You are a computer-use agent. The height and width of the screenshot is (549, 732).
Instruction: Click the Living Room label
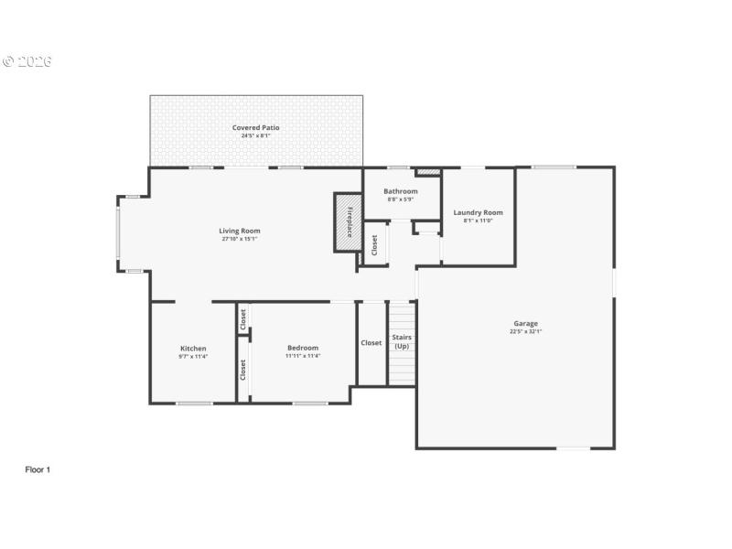pyautogui.click(x=240, y=231)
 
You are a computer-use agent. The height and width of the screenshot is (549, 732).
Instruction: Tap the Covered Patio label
pyautogui.click(x=255, y=127)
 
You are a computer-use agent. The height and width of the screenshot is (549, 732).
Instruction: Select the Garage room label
pyautogui.click(x=525, y=323)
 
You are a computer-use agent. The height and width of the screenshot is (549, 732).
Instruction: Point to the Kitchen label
pyautogui.click(x=193, y=348)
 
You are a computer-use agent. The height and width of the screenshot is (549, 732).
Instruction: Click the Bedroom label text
pyautogui.click(x=303, y=348)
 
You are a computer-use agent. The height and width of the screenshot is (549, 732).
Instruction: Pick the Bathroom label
pyautogui.click(x=401, y=191)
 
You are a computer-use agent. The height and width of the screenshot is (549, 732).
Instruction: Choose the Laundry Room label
pyautogui.click(x=478, y=212)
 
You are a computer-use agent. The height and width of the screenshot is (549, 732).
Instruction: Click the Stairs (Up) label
pyautogui.click(x=402, y=341)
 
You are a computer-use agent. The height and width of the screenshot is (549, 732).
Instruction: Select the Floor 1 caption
pyautogui.click(x=38, y=469)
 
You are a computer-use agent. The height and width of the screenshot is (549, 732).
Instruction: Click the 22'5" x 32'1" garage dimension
pyautogui.click(x=525, y=331)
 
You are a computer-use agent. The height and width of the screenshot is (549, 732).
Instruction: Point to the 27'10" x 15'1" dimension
pyautogui.click(x=240, y=240)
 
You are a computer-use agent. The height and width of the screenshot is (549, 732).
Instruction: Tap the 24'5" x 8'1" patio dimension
pyautogui.click(x=255, y=135)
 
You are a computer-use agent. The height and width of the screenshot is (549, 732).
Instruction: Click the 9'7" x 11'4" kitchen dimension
pyautogui.click(x=193, y=356)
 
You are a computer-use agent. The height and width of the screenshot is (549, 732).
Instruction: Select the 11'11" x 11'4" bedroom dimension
pyautogui.click(x=303, y=356)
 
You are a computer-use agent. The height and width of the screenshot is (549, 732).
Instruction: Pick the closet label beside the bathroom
pyautogui.click(x=374, y=244)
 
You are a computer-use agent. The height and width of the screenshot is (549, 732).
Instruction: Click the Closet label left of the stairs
pyautogui.click(x=371, y=343)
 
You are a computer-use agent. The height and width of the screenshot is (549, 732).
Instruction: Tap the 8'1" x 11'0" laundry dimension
pyautogui.click(x=478, y=221)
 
